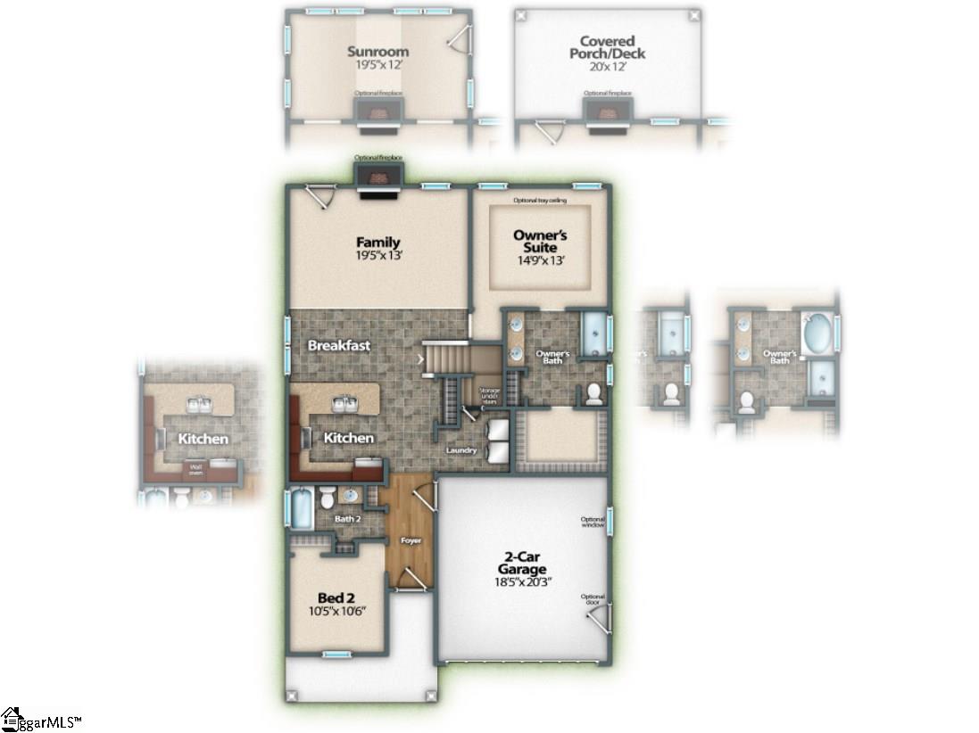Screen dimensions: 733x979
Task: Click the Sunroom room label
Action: tap(378, 52)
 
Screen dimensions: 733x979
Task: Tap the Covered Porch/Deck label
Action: tap(607, 47)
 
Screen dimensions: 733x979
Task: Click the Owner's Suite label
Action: tap(541, 241)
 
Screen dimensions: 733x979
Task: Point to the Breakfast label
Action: tap(338, 345)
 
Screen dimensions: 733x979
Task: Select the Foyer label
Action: tap(411, 540)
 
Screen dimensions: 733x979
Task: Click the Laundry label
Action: tap(461, 450)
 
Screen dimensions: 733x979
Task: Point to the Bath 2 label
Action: tap(347, 518)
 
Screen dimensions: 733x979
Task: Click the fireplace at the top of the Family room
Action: tap(378, 177)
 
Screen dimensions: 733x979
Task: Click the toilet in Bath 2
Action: tap(327, 496)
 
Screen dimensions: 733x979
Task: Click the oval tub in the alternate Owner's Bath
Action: tap(816, 334)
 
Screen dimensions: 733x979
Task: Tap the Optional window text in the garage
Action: tap(593, 523)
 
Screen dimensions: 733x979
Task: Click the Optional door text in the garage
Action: tap(593, 599)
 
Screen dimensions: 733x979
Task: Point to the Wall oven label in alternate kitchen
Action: tap(195, 465)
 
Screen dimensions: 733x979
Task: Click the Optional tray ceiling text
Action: tap(539, 201)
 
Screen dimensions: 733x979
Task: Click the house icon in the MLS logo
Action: tap(12, 718)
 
